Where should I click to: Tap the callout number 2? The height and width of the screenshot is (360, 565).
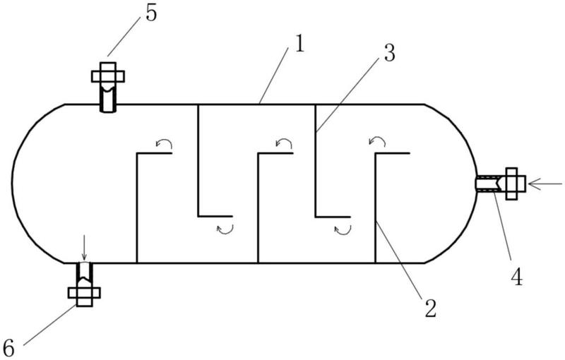click(x=430, y=308)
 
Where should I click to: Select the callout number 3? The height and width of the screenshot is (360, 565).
click(x=389, y=54)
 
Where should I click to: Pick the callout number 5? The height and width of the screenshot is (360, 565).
click(x=151, y=13)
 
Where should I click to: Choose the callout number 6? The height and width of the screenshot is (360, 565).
click(x=8, y=349)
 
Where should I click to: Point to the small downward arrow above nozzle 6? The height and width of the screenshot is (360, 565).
click(x=84, y=247)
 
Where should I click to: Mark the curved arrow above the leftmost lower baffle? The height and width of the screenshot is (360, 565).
click(x=164, y=143)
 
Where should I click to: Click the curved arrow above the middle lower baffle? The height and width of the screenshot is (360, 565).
click(x=284, y=143)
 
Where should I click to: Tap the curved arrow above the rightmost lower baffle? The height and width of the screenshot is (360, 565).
click(x=377, y=140)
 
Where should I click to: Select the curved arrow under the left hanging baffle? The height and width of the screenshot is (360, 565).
click(x=225, y=229)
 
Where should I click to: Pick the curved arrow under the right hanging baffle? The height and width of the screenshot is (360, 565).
click(x=343, y=229)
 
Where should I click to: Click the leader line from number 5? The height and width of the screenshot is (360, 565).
click(x=124, y=37)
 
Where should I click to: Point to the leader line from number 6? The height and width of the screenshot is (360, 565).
click(x=49, y=325)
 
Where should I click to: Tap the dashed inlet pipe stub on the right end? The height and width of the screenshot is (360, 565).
click(x=487, y=184)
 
